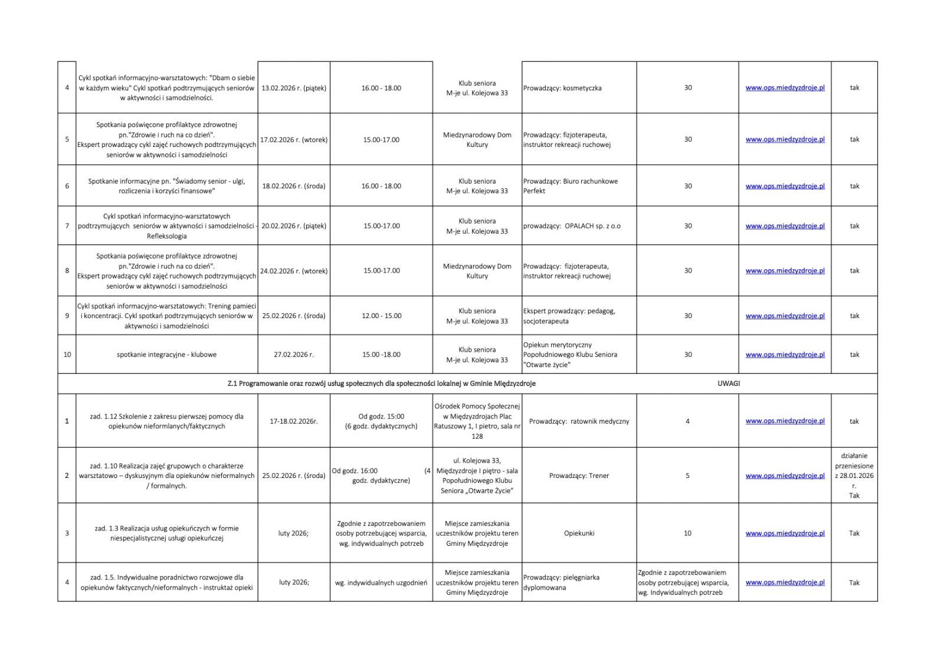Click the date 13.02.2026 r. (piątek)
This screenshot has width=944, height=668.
click(293, 88)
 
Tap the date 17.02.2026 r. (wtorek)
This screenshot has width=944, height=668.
click(294, 140)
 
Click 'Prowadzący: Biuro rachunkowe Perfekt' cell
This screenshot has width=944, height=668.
click(570, 186)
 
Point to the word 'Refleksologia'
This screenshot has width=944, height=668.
click(167, 236)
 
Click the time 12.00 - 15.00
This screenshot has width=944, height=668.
click(381, 316)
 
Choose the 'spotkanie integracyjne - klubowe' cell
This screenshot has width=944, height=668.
click(166, 355)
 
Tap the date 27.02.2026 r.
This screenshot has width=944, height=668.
click(293, 355)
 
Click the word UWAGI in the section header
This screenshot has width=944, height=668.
click(729, 384)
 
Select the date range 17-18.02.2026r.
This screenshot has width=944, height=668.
click(293, 421)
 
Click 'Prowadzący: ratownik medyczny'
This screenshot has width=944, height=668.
click(579, 421)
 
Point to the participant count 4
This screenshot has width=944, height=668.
click(687, 421)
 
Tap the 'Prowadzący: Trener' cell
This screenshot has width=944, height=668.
click(579, 476)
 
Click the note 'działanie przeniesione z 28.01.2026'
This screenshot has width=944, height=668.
click(854, 470)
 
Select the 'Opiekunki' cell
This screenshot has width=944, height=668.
click(579, 533)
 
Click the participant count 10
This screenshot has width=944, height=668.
click(687, 533)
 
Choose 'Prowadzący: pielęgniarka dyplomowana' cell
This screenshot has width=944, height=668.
click(561, 582)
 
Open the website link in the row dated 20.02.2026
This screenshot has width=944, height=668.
click(785, 226)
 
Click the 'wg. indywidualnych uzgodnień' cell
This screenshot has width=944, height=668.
click(381, 583)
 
